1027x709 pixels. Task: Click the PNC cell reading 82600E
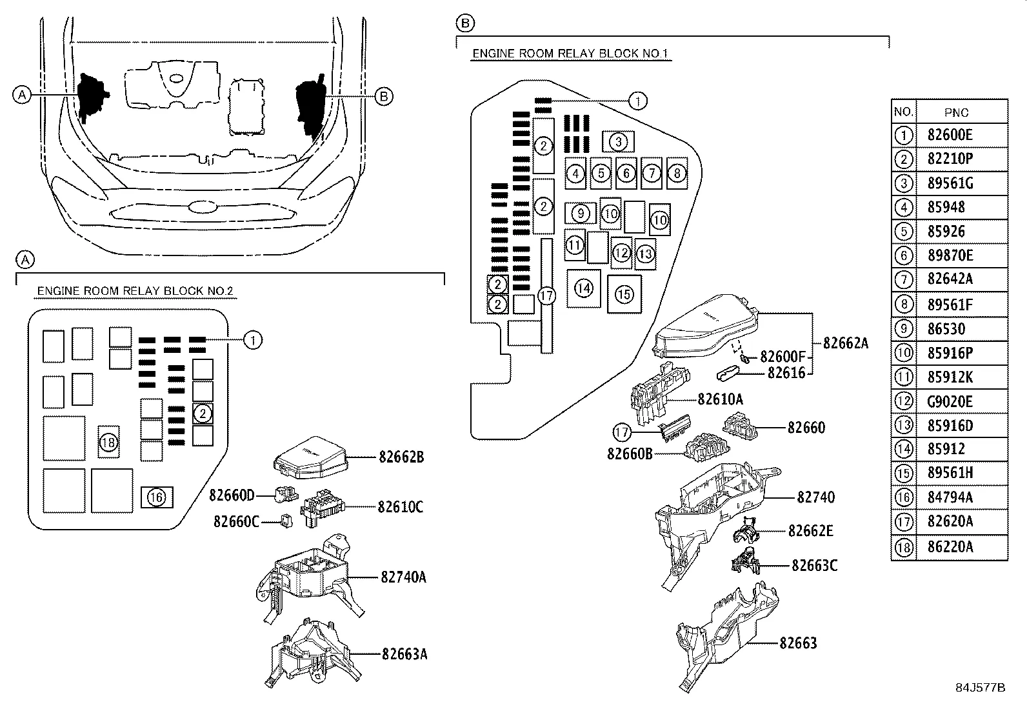[950, 135]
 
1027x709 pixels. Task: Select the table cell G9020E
[950, 401]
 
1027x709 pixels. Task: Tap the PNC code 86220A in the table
[950, 548]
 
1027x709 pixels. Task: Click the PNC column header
[956, 112]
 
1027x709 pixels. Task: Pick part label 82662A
[845, 343]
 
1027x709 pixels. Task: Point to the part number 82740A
[403, 577]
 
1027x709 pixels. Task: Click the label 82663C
[814, 566]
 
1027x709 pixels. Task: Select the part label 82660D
[232, 495]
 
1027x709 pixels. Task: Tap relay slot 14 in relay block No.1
[584, 288]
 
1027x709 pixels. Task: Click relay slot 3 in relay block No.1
[618, 141]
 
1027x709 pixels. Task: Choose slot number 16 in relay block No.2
[157, 497]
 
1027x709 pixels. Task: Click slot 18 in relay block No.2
[108, 442]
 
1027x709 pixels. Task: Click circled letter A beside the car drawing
[22, 95]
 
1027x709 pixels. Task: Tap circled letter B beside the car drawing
[384, 96]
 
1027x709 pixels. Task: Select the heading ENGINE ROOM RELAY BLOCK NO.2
[135, 291]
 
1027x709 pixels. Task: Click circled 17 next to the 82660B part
[622, 432]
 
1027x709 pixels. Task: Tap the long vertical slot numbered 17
[547, 295]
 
